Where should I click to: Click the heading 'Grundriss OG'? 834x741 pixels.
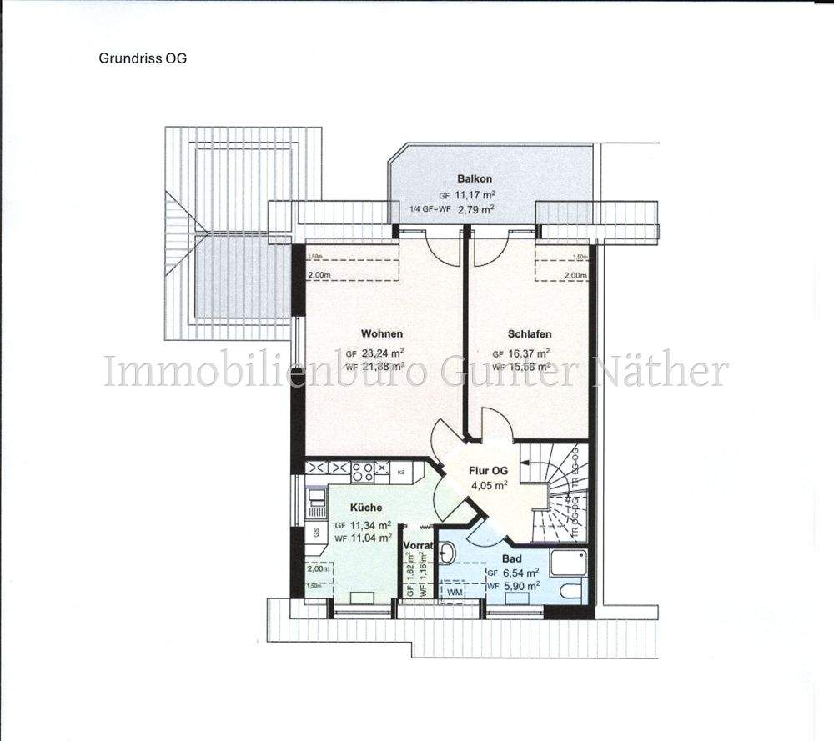143,58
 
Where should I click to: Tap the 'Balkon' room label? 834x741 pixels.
475,178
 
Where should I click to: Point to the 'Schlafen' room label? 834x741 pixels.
529,333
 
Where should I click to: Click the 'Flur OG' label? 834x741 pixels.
489,470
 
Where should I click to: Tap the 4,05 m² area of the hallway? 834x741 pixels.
490,485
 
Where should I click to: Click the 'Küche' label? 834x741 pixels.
366,507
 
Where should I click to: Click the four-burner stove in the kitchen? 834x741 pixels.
364,472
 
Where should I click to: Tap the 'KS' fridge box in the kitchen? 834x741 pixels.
400,473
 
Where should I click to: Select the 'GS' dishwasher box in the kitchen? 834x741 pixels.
316,532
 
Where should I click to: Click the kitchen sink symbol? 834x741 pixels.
317,500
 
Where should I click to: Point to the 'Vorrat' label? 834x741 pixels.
418,546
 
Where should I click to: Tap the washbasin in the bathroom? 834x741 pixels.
447,553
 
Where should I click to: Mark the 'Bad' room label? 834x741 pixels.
511,558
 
